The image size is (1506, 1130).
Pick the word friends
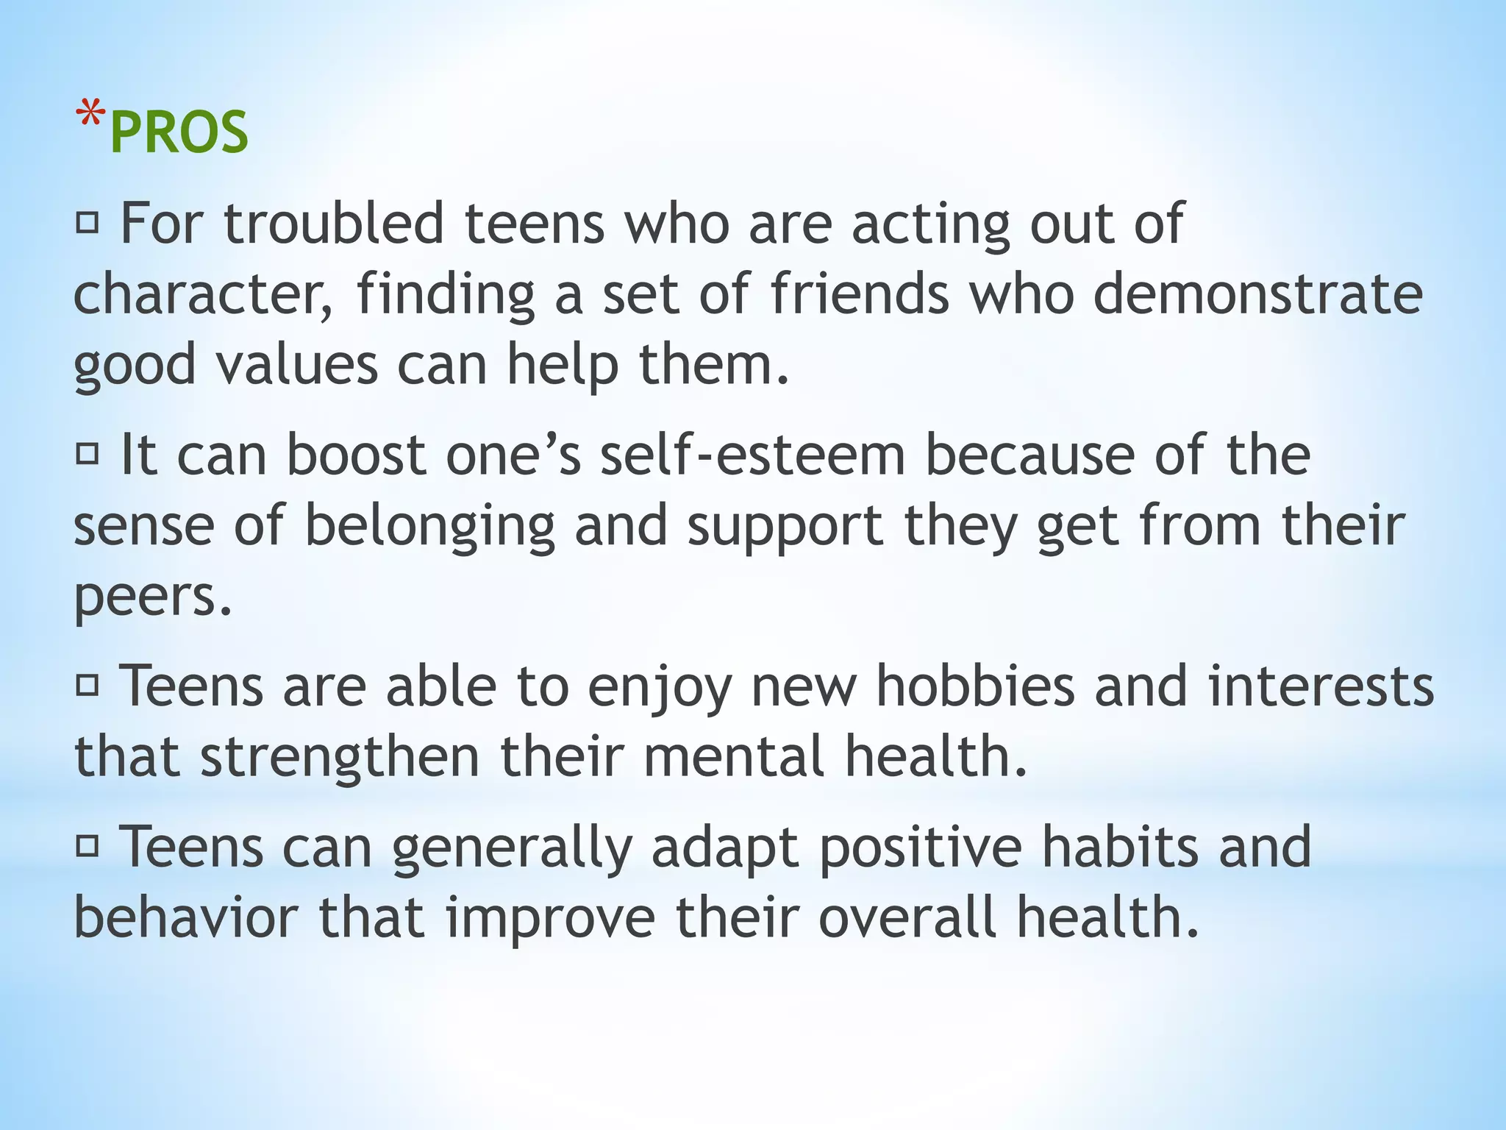pos(860,294)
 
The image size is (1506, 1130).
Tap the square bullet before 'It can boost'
pos(87,454)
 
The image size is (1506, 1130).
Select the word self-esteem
pos(752,455)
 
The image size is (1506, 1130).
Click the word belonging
pos(429,526)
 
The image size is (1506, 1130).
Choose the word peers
pos(152,597)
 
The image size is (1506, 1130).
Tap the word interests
pos(1321,686)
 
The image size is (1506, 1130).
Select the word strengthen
pos(340,758)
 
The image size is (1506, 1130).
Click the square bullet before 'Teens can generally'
pos(87,847)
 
